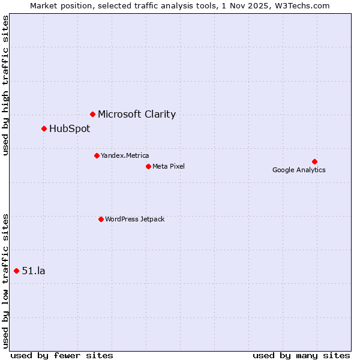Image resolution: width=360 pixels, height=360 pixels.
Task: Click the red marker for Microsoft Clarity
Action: tap(92, 114)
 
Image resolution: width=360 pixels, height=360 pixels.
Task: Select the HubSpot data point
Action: tap(44, 128)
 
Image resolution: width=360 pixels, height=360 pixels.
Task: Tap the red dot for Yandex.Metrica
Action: tap(97, 155)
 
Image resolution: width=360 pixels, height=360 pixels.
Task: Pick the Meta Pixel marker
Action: tap(148, 166)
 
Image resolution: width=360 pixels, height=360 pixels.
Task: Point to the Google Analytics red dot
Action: tap(314, 161)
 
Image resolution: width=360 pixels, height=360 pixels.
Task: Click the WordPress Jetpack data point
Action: tap(101, 219)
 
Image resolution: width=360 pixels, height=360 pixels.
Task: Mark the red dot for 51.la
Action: tap(16, 271)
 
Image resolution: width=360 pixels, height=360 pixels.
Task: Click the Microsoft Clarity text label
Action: tap(137, 114)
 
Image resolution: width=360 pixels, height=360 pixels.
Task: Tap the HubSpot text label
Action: tap(70, 128)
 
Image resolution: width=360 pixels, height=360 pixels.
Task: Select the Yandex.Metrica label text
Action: tap(125, 155)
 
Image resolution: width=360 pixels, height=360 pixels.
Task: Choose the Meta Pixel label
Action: tap(169, 166)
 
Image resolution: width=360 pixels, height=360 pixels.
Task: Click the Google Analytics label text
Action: tap(299, 170)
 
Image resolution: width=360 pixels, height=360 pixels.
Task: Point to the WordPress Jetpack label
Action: tap(134, 219)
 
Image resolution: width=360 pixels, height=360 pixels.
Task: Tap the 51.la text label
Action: tap(34, 271)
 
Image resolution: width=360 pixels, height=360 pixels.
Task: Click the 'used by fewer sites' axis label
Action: tap(62, 355)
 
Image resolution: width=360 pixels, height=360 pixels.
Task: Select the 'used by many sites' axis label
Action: tap(301, 355)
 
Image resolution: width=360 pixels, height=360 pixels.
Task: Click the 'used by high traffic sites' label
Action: tap(6, 85)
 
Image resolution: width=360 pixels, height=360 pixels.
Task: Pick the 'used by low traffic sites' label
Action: tap(6, 280)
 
